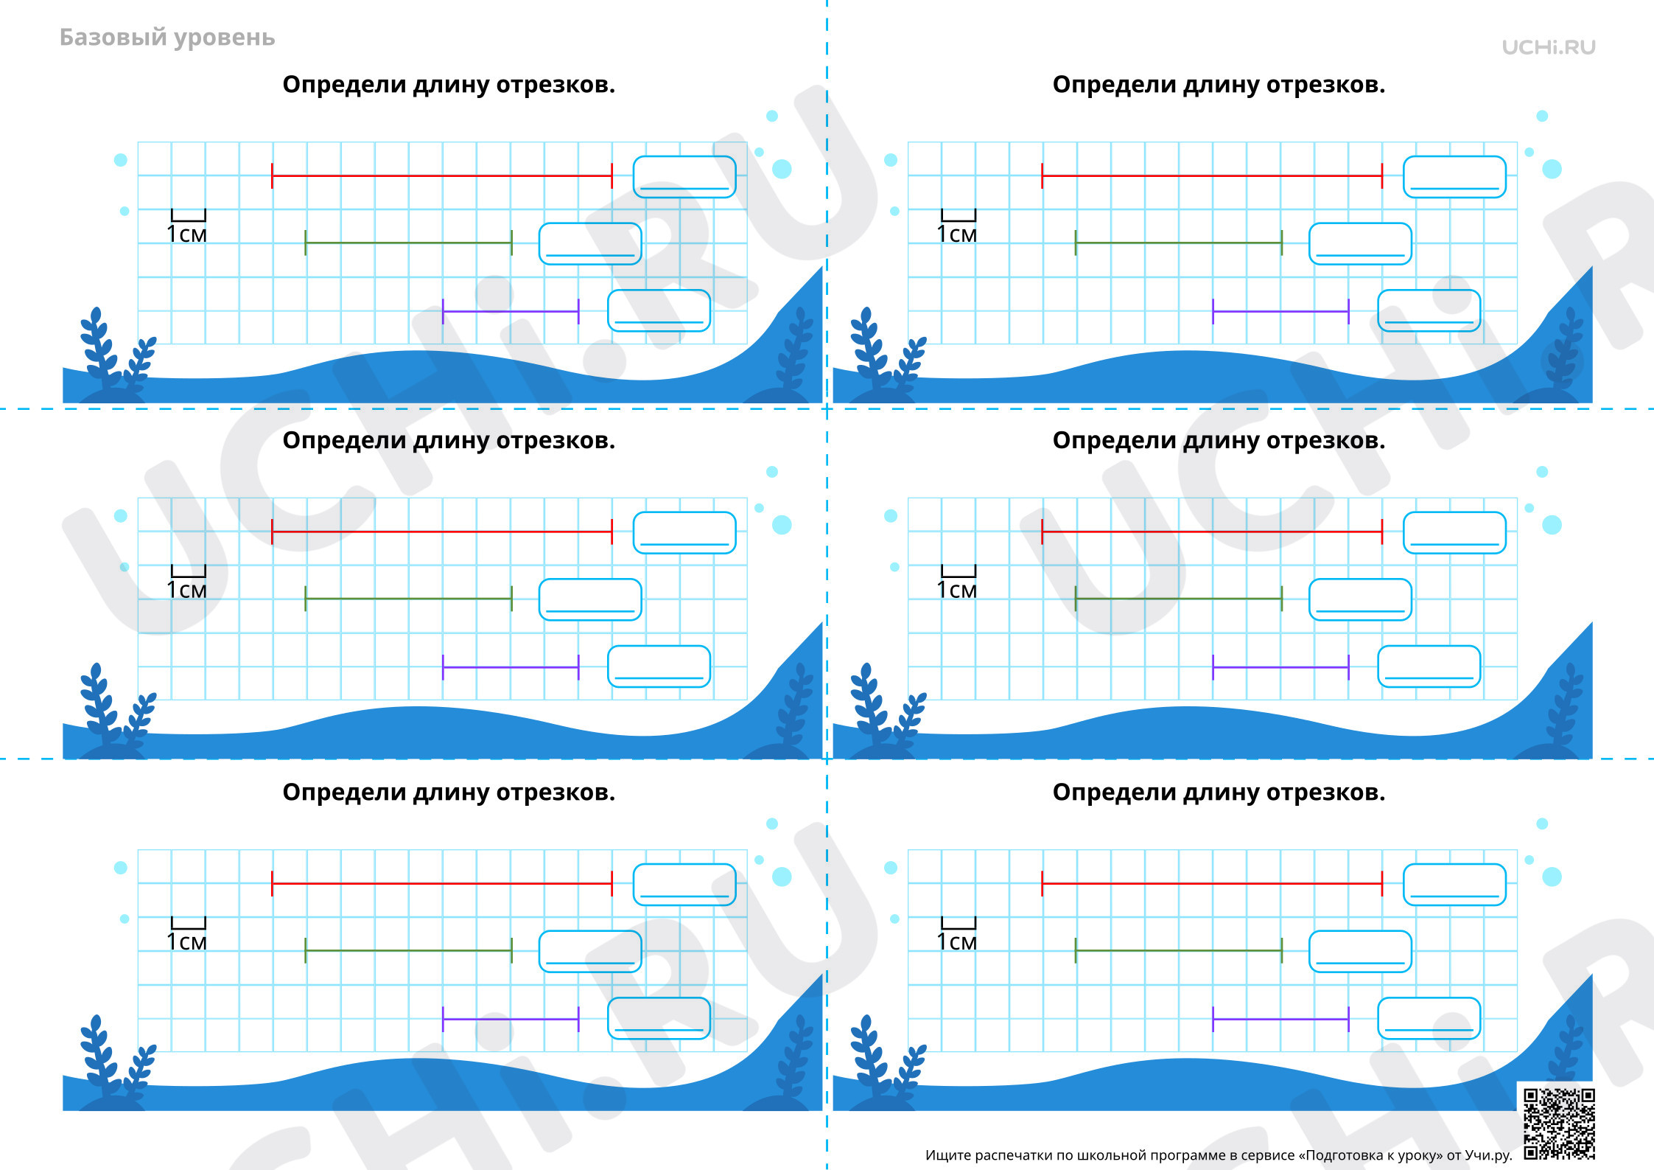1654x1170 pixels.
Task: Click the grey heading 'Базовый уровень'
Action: [x=167, y=38]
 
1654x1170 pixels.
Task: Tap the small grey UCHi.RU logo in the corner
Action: [x=1549, y=47]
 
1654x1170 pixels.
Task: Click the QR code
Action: [x=1559, y=1123]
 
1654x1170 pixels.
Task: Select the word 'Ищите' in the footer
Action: [x=948, y=1155]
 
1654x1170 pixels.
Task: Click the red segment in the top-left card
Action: [x=442, y=176]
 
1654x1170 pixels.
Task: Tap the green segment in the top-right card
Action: [x=1179, y=243]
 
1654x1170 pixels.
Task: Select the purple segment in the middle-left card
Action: [x=511, y=667]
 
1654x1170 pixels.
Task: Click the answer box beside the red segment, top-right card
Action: [x=1454, y=177]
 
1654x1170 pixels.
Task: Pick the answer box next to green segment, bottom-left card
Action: [x=590, y=951]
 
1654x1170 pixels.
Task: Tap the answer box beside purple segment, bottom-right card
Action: [x=1429, y=1018]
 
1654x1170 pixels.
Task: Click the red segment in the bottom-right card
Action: [x=1212, y=883]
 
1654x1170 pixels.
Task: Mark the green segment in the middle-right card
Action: [x=1179, y=599]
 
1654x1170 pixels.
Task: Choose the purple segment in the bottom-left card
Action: [x=511, y=1020]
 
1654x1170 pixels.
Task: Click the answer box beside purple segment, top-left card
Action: [x=659, y=310]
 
